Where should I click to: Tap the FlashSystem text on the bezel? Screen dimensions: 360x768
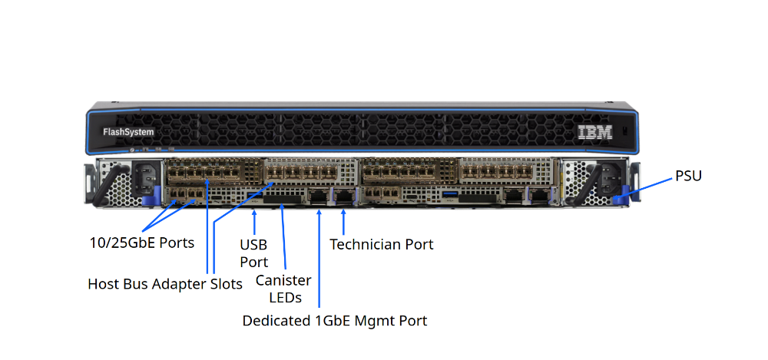[x=128, y=132]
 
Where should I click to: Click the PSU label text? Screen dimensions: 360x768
[x=688, y=176]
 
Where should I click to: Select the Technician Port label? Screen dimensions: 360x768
[x=381, y=244]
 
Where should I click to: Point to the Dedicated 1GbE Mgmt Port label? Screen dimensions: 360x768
[x=334, y=320]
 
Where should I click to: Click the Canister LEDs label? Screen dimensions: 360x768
[x=283, y=289]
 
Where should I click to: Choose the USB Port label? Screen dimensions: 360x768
[x=253, y=253]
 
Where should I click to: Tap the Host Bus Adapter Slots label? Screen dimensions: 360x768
[x=165, y=284]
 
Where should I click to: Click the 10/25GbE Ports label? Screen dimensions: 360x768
[x=141, y=243]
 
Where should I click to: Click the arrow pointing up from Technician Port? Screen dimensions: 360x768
[x=343, y=221]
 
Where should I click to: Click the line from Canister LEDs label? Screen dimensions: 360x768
[x=283, y=238]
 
